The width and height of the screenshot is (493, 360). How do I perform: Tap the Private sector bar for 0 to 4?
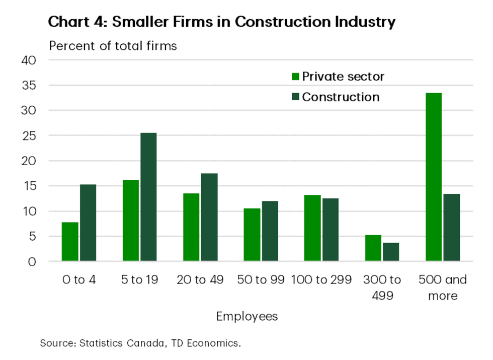70,242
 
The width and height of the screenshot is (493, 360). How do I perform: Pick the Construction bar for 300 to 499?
391,252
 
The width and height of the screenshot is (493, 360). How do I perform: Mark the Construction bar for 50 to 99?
270,231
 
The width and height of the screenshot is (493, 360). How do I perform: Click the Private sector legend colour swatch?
295,77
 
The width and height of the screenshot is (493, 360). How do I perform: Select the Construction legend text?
341,97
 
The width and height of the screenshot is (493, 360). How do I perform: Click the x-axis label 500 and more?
443,287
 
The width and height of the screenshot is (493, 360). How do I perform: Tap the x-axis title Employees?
247,317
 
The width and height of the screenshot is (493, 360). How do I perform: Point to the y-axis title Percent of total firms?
113,46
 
